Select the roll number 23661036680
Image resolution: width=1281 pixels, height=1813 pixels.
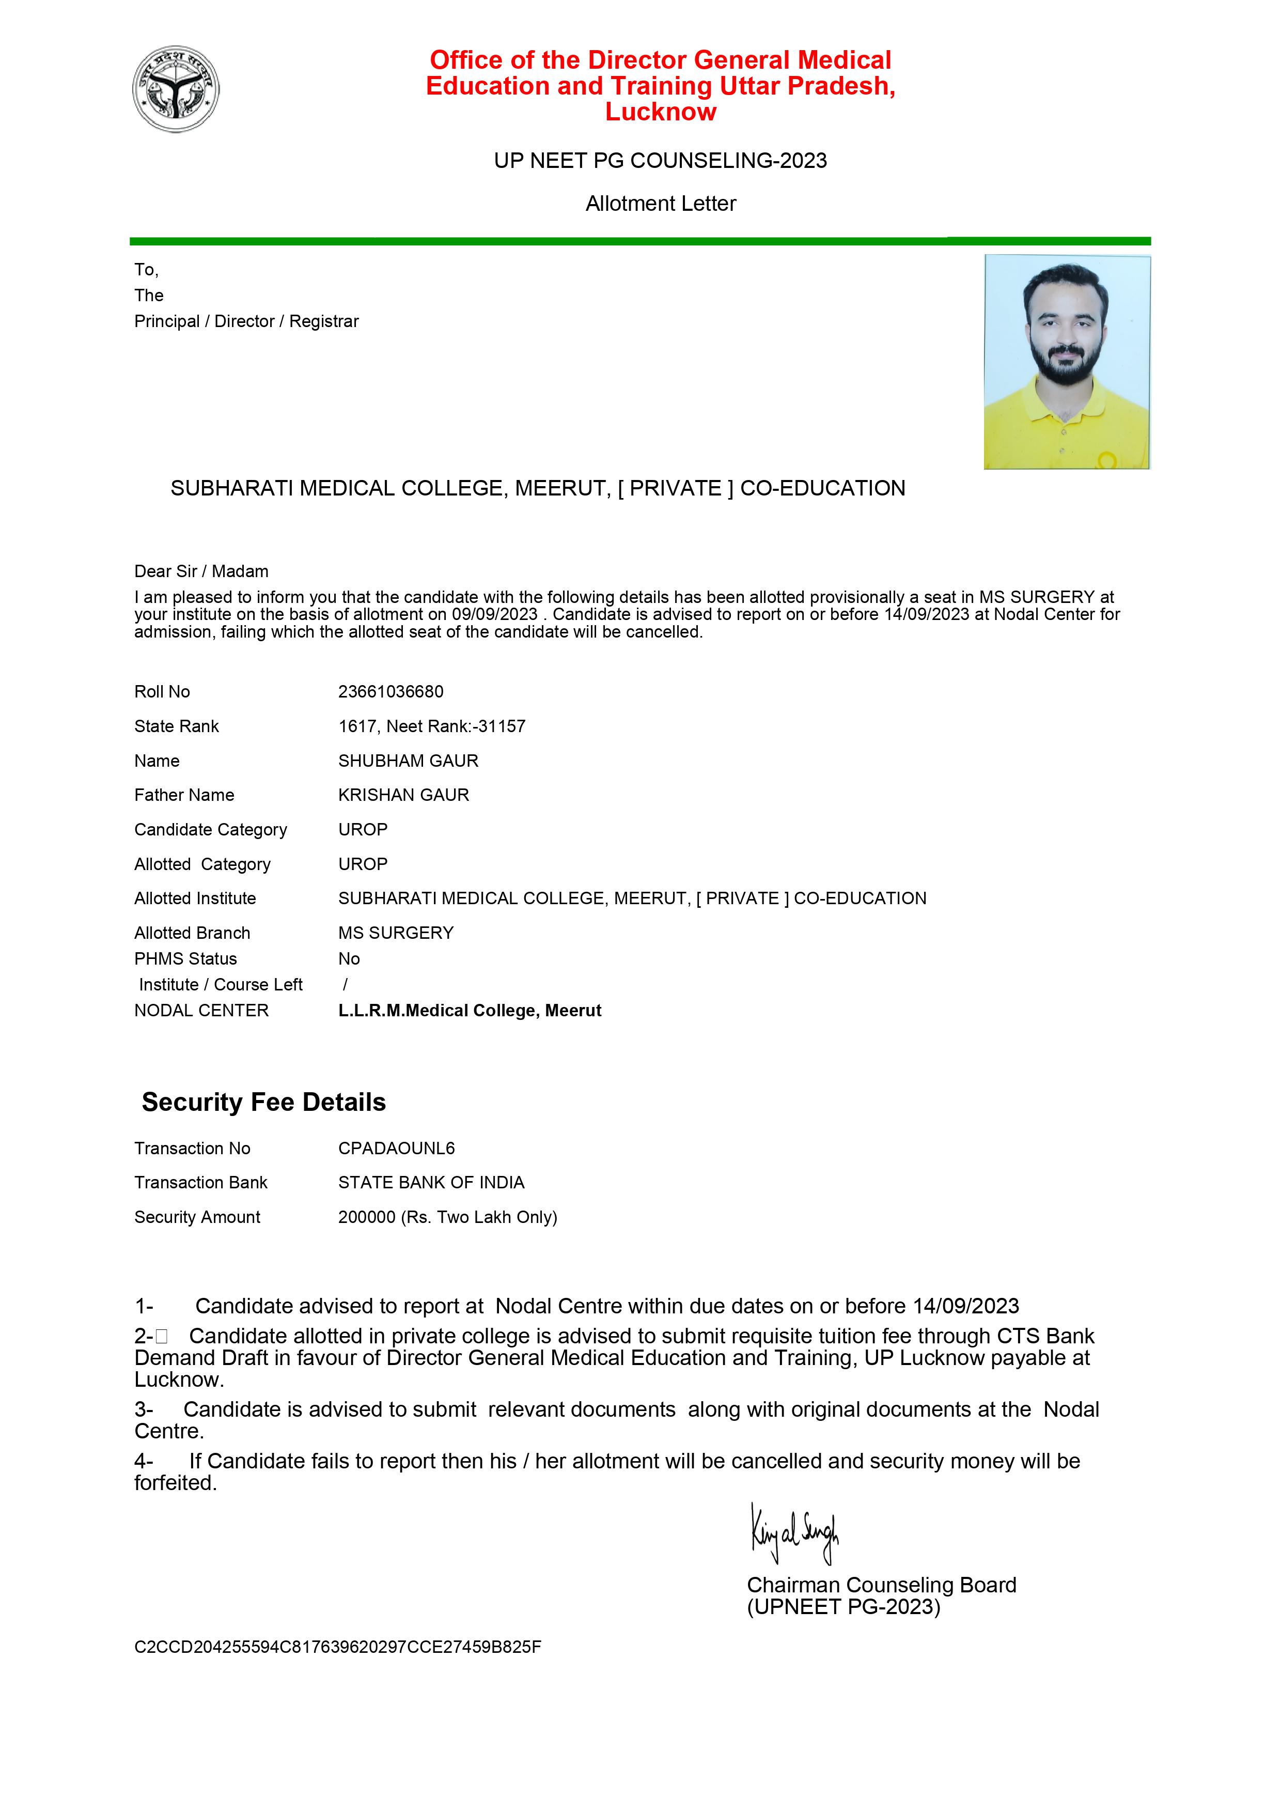click(390, 692)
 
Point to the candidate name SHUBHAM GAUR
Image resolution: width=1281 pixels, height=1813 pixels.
click(408, 761)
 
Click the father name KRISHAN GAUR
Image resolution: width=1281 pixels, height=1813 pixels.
click(403, 795)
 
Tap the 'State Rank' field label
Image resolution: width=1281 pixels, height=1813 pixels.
click(176, 726)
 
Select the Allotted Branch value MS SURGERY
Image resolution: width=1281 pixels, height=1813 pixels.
click(396, 933)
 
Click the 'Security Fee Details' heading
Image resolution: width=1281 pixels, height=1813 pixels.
click(263, 1103)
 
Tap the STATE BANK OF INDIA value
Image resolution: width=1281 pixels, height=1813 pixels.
click(431, 1182)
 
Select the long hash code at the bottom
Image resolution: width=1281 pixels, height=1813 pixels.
click(338, 1647)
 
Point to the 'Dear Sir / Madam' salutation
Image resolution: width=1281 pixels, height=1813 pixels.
click(201, 571)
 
